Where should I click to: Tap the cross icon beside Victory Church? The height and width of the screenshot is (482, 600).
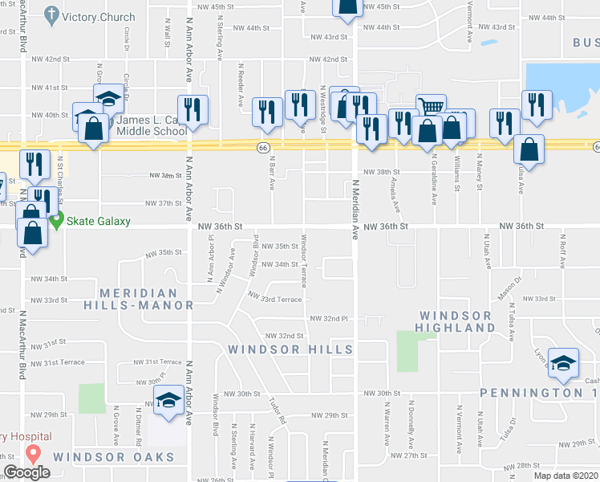pos(52,14)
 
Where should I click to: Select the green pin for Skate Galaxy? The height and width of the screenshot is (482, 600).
pos(55,219)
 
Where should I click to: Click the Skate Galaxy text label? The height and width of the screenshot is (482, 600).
pos(98,221)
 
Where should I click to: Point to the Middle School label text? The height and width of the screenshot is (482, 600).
pos(152,131)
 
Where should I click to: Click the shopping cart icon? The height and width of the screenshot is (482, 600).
pos(431,106)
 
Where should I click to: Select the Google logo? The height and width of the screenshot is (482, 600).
pos(26,472)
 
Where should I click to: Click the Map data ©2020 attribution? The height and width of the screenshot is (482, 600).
pos(566,476)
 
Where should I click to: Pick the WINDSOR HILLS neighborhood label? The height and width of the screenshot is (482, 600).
pos(290,349)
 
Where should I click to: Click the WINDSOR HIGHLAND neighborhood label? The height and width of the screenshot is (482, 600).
pos(456,321)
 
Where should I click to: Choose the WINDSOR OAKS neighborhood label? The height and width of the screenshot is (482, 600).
pos(114,457)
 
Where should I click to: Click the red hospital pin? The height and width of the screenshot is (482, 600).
pos(34,452)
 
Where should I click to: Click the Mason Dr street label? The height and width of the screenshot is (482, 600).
pos(507,293)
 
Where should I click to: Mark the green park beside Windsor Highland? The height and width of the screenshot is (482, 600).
pos(408,351)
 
